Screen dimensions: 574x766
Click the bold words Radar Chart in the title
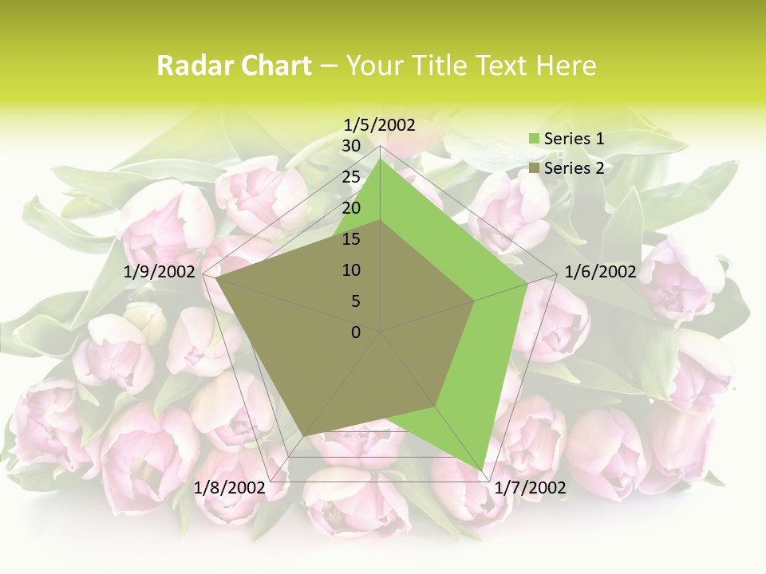coord(234,66)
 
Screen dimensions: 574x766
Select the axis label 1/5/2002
coord(380,125)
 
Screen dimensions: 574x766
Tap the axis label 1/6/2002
coord(600,272)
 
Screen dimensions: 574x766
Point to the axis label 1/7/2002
coord(530,488)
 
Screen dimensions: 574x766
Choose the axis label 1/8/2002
coord(230,488)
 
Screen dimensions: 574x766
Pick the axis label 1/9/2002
coord(160,272)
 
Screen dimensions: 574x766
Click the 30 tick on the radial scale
coord(351,146)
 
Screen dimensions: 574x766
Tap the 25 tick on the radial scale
coord(351,177)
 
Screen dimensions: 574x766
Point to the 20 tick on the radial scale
coord(351,208)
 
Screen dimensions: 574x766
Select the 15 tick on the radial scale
coord(351,239)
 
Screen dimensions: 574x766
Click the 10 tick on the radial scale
coord(351,270)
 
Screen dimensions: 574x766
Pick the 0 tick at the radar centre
coord(356,332)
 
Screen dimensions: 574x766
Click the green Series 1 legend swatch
coord(534,140)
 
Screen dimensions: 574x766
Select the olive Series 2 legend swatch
coord(534,168)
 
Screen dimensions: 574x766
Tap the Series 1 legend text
coord(574,139)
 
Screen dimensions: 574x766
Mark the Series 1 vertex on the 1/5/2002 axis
coord(381,159)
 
